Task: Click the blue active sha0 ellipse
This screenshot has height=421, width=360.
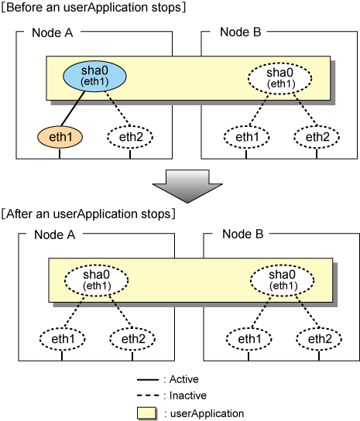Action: point(94,77)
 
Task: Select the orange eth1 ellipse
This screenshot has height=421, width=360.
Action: point(60,137)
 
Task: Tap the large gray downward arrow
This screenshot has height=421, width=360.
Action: point(187,186)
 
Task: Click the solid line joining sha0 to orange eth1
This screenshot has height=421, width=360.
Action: point(73,108)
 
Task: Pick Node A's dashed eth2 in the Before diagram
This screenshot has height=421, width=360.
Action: point(130,137)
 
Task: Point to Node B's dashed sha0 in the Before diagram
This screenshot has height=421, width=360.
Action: point(279,78)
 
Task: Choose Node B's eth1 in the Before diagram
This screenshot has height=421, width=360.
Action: point(247,137)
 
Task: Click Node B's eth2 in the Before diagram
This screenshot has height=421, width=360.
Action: point(317,137)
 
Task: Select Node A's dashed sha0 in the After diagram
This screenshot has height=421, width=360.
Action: point(97,280)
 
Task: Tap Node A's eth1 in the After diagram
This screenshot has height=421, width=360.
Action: point(63,339)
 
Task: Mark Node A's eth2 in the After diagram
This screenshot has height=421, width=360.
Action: point(132,339)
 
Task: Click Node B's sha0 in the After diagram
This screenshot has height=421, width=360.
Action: point(282,280)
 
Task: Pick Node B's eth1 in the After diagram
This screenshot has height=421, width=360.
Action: point(249,339)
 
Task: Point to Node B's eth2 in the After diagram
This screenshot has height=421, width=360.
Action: point(319,339)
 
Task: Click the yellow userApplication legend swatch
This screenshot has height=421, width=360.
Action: point(146,413)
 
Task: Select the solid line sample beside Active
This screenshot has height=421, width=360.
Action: point(148,380)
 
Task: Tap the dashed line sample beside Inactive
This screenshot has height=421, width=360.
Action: point(148,395)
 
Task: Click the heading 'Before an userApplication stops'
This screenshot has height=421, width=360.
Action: point(93,7)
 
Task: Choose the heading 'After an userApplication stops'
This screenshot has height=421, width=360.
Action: point(88,214)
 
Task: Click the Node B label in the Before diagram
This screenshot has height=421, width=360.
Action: point(241,33)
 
